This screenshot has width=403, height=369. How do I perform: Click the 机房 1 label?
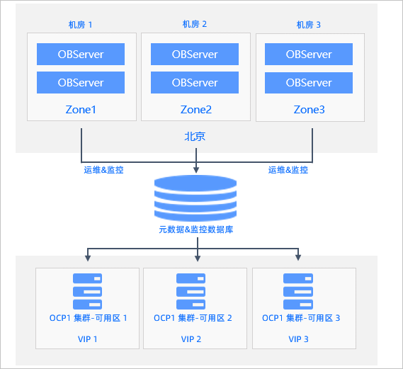[80, 25]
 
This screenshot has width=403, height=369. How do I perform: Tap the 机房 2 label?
[195, 24]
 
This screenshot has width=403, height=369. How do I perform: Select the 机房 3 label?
[308, 25]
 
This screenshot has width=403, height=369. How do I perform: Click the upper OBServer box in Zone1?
[81, 55]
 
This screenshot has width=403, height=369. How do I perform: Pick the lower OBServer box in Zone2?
[195, 82]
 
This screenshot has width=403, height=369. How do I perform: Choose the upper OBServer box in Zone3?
[309, 55]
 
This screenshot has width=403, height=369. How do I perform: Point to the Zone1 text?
[81, 110]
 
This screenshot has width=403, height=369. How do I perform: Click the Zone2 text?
[196, 110]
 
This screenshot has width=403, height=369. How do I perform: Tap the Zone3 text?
[310, 110]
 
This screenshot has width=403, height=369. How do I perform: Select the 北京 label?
[195, 137]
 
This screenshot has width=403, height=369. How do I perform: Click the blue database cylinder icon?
[195, 198]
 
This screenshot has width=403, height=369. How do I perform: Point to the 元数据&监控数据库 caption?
[196, 229]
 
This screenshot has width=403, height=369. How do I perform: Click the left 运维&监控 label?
[103, 170]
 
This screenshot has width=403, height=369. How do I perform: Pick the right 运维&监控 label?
[288, 170]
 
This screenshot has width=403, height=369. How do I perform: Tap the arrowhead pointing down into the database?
[196, 170]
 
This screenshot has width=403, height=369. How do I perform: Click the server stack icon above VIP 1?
[87, 291]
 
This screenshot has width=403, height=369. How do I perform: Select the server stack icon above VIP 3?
[298, 291]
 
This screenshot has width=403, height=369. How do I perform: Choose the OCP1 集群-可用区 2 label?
[193, 318]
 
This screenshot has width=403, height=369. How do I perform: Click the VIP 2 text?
[191, 339]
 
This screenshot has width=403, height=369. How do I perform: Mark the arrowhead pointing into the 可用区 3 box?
[298, 258]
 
